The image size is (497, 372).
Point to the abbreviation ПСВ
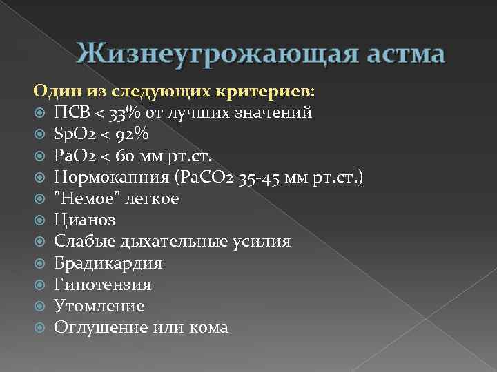click(72, 112)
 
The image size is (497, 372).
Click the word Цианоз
click(86, 220)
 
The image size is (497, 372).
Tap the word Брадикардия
click(108, 263)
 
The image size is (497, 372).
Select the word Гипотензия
click(103, 285)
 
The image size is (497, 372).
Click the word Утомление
click(99, 306)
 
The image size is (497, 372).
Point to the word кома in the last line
click(207, 328)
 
